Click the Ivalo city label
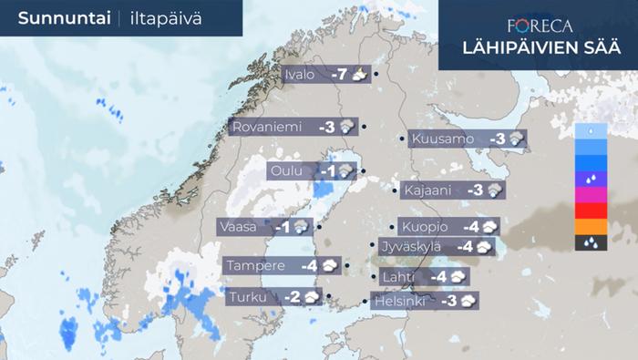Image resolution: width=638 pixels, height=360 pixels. pyautogui.click(x=300, y=75)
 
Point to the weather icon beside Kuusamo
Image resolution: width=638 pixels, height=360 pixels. pyautogui.click(x=517, y=139)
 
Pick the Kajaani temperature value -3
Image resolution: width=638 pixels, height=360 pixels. pyautogui.click(x=475, y=190)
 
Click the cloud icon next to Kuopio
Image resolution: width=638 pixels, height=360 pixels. pyautogui.click(x=489, y=227)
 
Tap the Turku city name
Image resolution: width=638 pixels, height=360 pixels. pyautogui.click(x=248, y=296)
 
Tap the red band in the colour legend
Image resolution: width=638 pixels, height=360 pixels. pyautogui.click(x=591, y=211)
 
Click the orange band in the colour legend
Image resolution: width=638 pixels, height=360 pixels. pyautogui.click(x=591, y=226)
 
